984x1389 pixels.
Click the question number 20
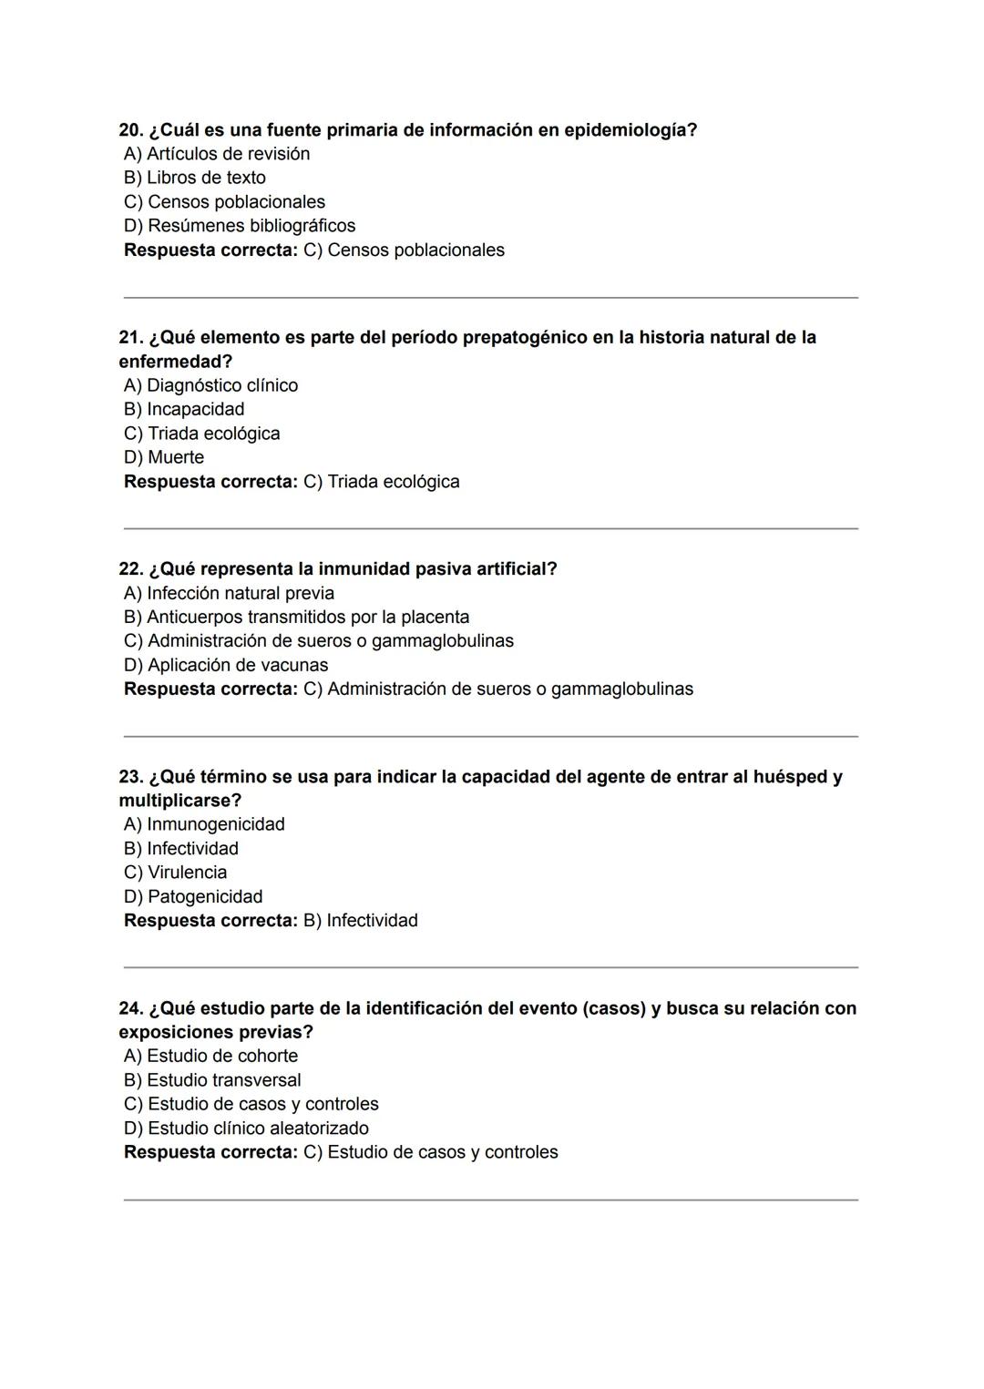click(130, 130)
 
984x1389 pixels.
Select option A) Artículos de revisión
click(217, 154)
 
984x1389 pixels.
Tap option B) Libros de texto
click(195, 178)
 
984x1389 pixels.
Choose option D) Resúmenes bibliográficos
click(240, 226)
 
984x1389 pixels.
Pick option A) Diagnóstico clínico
click(211, 385)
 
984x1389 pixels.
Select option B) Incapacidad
click(184, 409)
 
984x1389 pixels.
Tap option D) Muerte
click(164, 457)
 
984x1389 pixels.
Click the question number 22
click(130, 569)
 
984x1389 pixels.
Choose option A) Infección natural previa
click(230, 593)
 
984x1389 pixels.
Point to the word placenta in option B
click(435, 617)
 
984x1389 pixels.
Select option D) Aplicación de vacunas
click(226, 665)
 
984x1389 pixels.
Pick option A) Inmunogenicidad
click(204, 824)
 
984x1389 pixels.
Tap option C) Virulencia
click(176, 873)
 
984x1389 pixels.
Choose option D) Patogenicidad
click(193, 896)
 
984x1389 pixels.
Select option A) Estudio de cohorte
click(211, 1056)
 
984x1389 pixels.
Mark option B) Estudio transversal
click(212, 1080)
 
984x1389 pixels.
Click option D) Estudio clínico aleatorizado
click(247, 1128)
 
